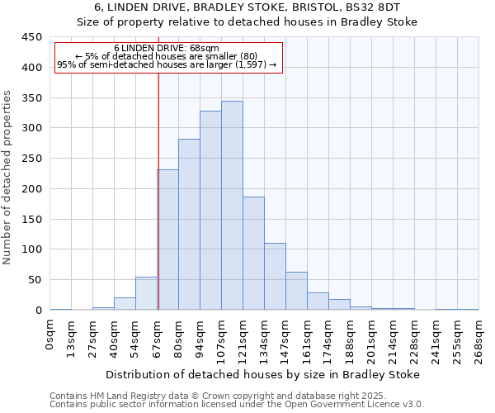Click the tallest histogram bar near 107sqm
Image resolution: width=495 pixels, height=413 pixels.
click(232, 206)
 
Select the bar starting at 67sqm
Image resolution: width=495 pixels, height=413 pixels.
click(168, 240)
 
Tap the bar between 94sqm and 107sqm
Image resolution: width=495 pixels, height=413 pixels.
click(210, 211)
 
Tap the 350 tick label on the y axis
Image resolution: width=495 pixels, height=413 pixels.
click(31, 97)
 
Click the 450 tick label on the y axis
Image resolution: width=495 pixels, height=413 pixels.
click(31, 37)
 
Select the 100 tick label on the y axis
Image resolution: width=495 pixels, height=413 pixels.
click(31, 249)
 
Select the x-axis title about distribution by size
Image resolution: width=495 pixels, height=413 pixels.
click(265, 374)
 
